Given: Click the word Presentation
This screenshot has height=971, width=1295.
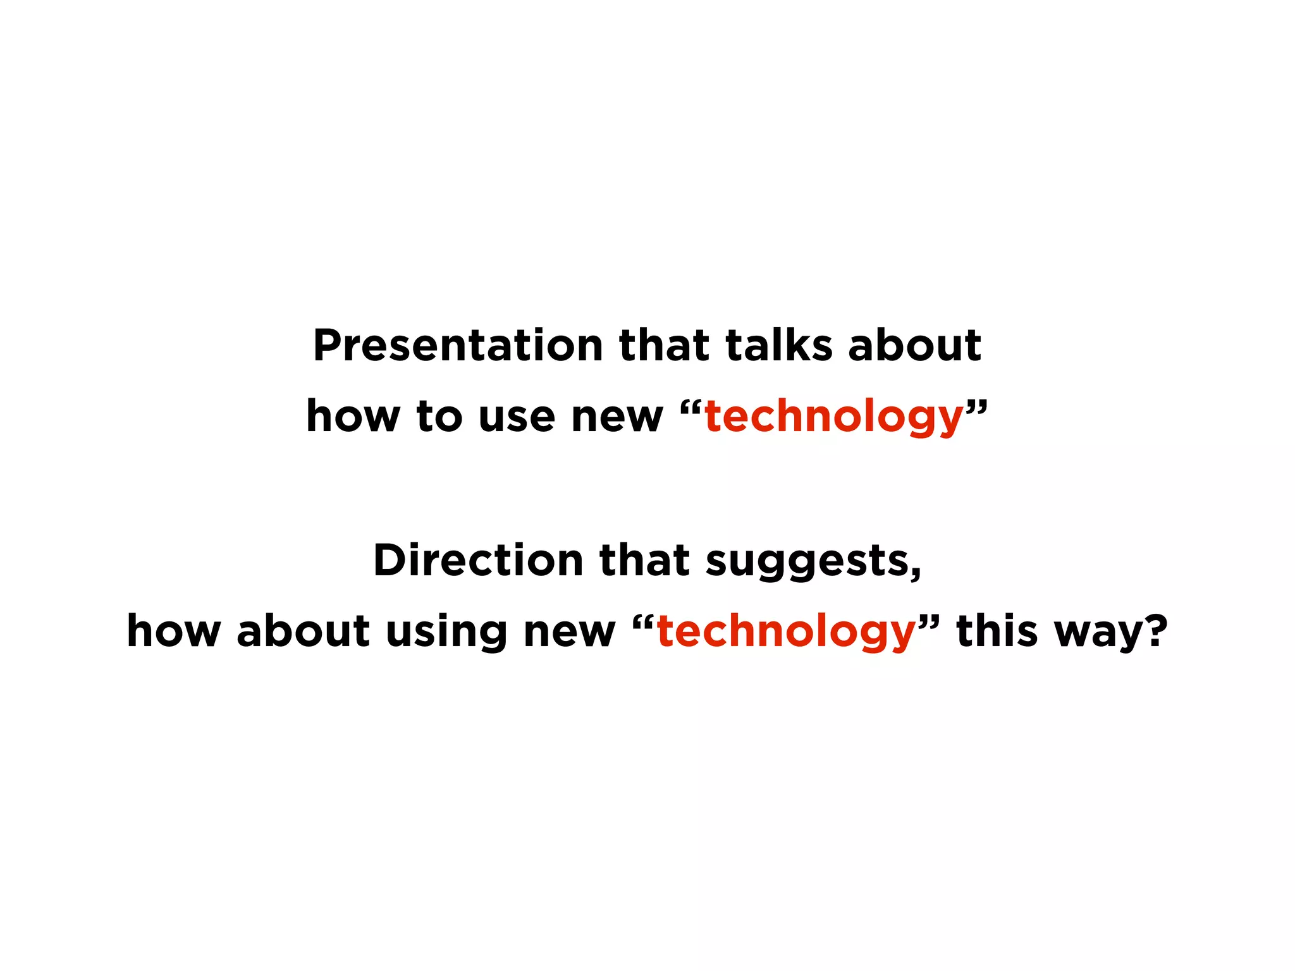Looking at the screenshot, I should [458, 346].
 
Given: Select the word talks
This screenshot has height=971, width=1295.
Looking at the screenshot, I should [779, 346].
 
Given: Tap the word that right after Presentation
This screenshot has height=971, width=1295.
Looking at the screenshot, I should [664, 346].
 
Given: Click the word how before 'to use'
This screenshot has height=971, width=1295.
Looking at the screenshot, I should [353, 417].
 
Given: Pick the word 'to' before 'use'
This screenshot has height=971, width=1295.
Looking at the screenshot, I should [439, 417].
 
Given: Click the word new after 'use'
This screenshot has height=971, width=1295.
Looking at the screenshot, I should [617, 418].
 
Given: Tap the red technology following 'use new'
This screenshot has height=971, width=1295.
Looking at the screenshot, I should [833, 418].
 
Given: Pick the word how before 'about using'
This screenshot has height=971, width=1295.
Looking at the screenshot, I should [173, 632].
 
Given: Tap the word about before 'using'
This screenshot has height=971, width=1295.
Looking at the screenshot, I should [303, 632].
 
